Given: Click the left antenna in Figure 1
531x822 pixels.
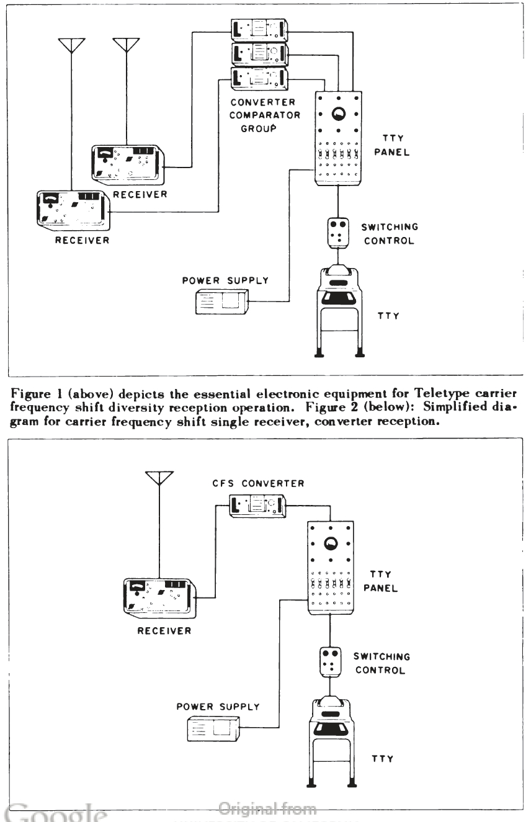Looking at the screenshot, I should tap(71, 46).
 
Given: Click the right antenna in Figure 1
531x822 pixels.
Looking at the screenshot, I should tap(126, 46).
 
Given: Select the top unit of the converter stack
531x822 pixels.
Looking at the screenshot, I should tap(259, 29).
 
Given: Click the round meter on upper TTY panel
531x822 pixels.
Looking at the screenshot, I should tap(339, 114).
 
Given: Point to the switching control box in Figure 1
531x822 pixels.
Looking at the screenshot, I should tap(338, 231).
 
